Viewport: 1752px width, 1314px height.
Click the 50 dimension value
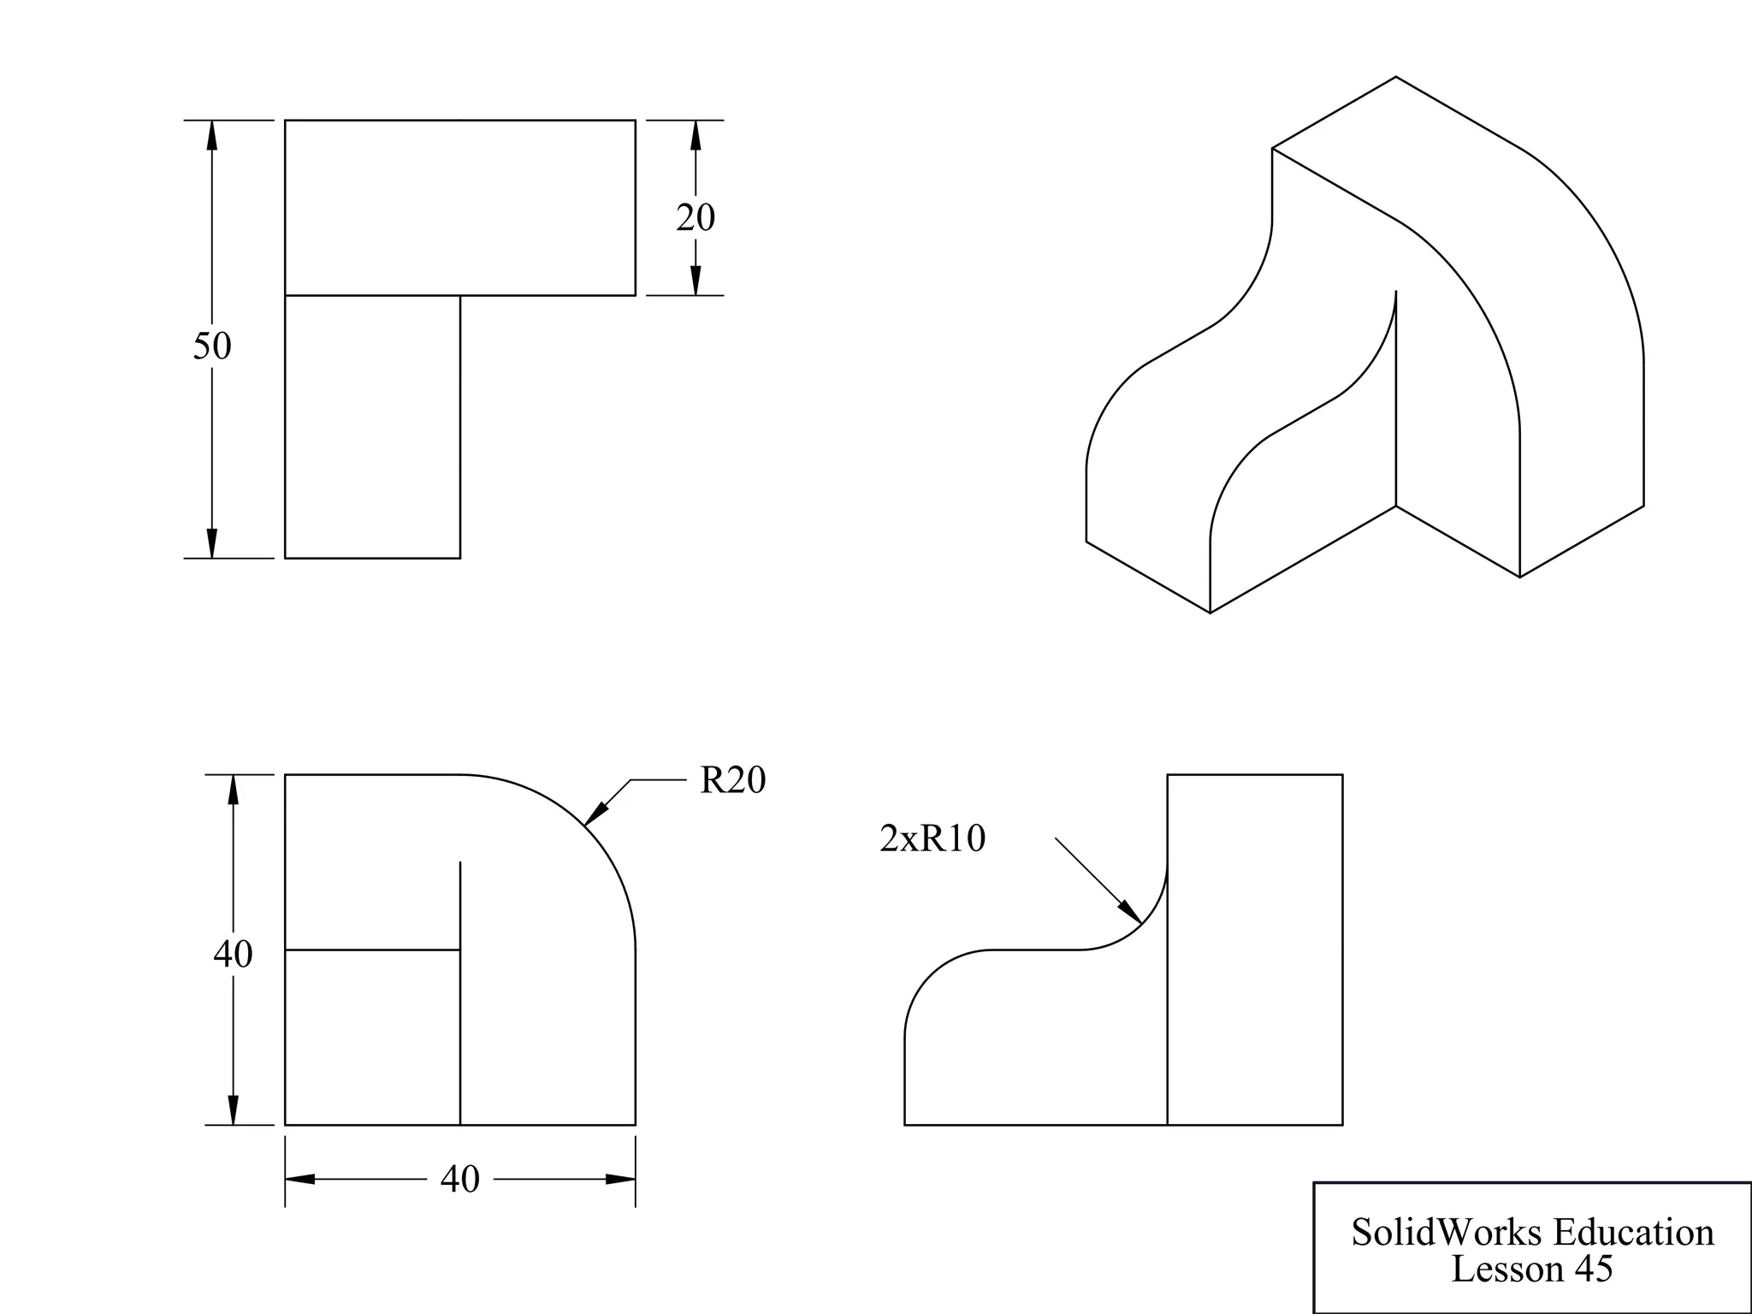pos(212,346)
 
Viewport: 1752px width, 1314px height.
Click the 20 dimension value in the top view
pos(695,217)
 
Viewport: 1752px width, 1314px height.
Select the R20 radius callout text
pos(732,780)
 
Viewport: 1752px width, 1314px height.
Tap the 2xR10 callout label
pos(932,838)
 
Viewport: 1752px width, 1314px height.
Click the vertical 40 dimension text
pos(233,954)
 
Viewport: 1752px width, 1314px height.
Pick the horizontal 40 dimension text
pos(459,1180)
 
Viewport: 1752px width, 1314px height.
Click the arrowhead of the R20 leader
pos(595,814)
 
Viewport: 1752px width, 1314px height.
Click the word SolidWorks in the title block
pos(1448,1233)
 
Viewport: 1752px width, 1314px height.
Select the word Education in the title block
pos(1633,1233)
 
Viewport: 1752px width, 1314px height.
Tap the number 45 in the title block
pos(1592,1269)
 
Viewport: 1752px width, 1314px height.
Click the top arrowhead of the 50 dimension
pos(212,135)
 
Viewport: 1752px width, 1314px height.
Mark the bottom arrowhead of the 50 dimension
pos(212,543)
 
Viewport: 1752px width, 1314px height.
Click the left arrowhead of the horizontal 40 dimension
pos(300,1180)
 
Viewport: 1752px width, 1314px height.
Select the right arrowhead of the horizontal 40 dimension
pos(620,1180)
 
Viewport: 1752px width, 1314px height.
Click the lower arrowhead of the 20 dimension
pos(695,281)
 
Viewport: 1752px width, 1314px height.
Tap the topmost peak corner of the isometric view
pos(1396,77)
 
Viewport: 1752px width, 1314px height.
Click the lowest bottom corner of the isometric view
pos(1210,613)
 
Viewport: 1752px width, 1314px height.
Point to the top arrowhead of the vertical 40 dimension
pos(233,789)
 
